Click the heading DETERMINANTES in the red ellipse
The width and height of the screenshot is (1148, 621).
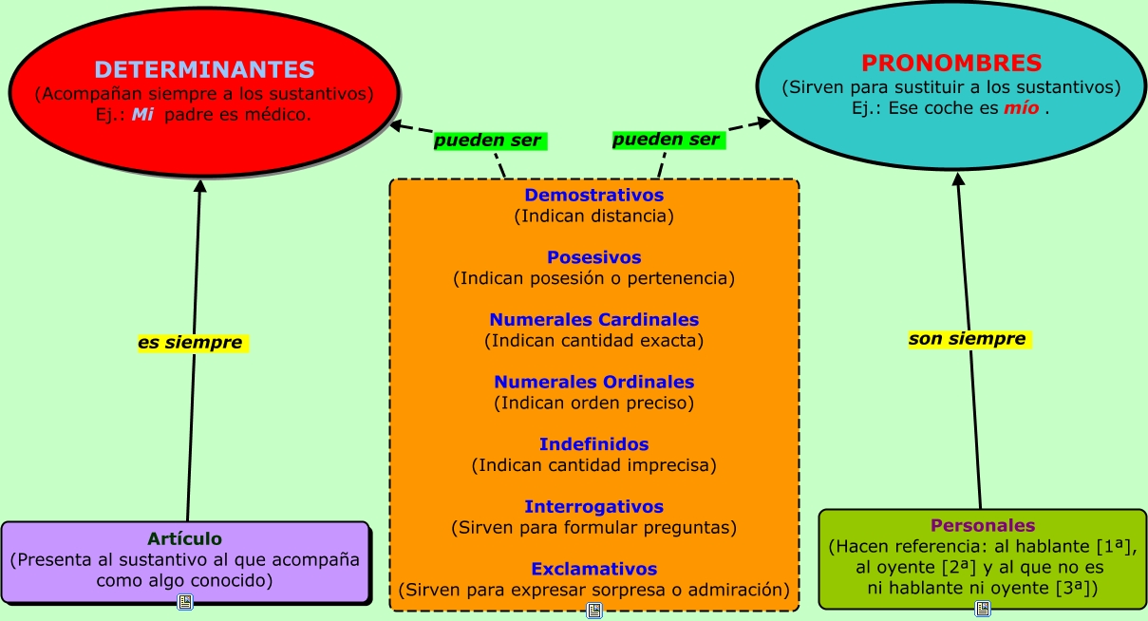pos(204,69)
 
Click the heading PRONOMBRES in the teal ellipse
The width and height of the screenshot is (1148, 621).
pos(951,64)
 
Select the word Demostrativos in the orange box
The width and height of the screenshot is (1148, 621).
pos(593,196)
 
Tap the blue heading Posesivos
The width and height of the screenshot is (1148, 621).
pos(593,257)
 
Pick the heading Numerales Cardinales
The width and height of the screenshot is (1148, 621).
pos(593,320)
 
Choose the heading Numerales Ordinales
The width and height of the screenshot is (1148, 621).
pos(593,382)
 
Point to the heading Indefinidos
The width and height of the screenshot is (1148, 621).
pos(593,444)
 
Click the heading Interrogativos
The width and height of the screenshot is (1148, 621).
pos(593,507)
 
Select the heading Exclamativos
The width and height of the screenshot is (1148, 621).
pos(593,569)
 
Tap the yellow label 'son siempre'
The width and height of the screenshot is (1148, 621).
pos(967,339)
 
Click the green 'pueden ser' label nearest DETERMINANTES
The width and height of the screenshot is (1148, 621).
pos(487,141)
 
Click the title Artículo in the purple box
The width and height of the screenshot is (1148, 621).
pos(184,538)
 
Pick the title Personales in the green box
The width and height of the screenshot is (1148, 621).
pos(983,525)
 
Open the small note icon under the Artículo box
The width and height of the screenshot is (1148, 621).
pos(185,602)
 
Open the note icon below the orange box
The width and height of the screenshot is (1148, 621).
pos(594,610)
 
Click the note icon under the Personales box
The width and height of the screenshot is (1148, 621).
pos(983,608)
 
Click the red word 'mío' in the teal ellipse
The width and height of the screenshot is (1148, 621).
pos(1021,108)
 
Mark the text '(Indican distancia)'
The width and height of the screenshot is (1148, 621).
pos(593,216)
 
